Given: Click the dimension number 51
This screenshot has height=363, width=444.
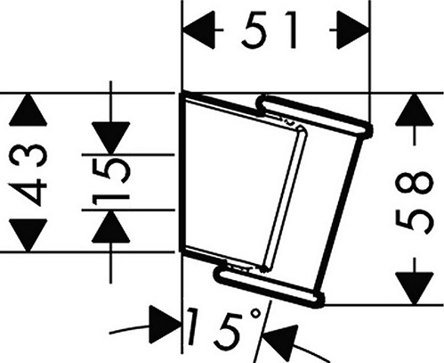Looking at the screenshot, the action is [269, 29].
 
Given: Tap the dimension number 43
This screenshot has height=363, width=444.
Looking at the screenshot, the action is [28, 173].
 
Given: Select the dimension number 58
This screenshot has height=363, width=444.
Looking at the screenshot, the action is [415, 202].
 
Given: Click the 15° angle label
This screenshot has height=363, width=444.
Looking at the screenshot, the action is [224, 329].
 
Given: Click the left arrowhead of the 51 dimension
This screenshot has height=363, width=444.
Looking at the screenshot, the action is [198, 29].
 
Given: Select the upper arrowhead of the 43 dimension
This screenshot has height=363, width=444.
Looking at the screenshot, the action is [28, 110].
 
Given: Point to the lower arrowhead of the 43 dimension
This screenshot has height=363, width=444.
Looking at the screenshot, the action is [28, 235].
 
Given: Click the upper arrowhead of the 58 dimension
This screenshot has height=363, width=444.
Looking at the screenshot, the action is [415, 110].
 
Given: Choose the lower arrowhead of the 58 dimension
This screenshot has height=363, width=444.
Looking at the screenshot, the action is [415, 288].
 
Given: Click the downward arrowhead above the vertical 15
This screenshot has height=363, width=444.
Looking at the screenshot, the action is [110, 138].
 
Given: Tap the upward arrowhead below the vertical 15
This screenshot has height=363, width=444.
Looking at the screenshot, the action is [110, 227].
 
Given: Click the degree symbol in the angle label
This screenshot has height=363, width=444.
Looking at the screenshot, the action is [255, 314].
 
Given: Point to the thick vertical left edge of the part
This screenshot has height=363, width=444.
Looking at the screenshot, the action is [182, 172].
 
